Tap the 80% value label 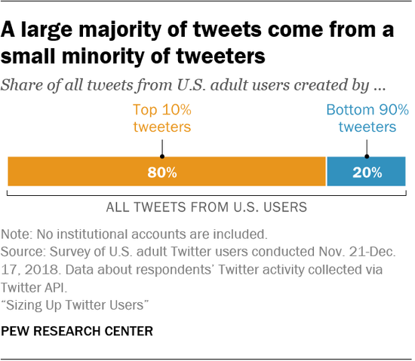pyautogui.click(x=162, y=173)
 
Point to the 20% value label pyautogui.click(x=367, y=173)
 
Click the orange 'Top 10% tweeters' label pyautogui.click(x=162, y=118)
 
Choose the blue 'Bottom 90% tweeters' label pyautogui.click(x=367, y=118)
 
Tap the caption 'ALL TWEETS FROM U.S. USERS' pyautogui.click(x=207, y=206)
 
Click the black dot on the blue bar pyautogui.click(x=367, y=158)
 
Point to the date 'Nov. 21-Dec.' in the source pyautogui.click(x=358, y=251)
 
